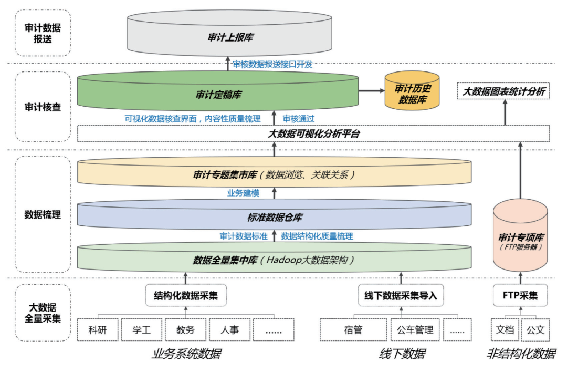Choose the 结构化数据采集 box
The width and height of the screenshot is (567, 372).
(x=186, y=295)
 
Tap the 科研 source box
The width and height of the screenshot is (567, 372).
(x=98, y=330)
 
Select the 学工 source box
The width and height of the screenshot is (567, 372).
(x=141, y=330)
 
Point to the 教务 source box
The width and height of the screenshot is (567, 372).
(x=185, y=330)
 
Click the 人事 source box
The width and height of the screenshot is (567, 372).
(x=229, y=330)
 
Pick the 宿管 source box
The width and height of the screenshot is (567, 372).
(x=353, y=330)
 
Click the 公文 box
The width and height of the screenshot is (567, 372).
(x=535, y=330)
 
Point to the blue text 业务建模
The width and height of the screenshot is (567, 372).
(x=243, y=193)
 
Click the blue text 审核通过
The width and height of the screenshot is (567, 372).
(x=299, y=119)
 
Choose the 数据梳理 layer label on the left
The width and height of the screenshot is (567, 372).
(x=43, y=214)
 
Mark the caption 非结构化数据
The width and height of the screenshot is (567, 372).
(x=520, y=354)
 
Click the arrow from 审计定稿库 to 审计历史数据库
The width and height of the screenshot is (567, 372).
(x=372, y=91)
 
